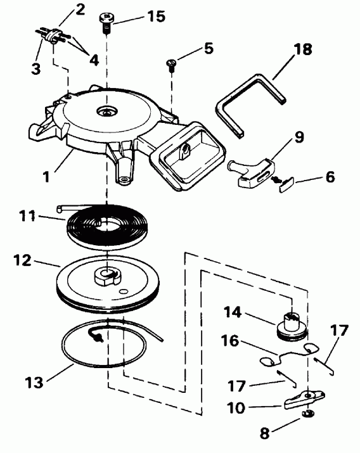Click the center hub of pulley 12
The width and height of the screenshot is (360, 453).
point(106,277)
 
